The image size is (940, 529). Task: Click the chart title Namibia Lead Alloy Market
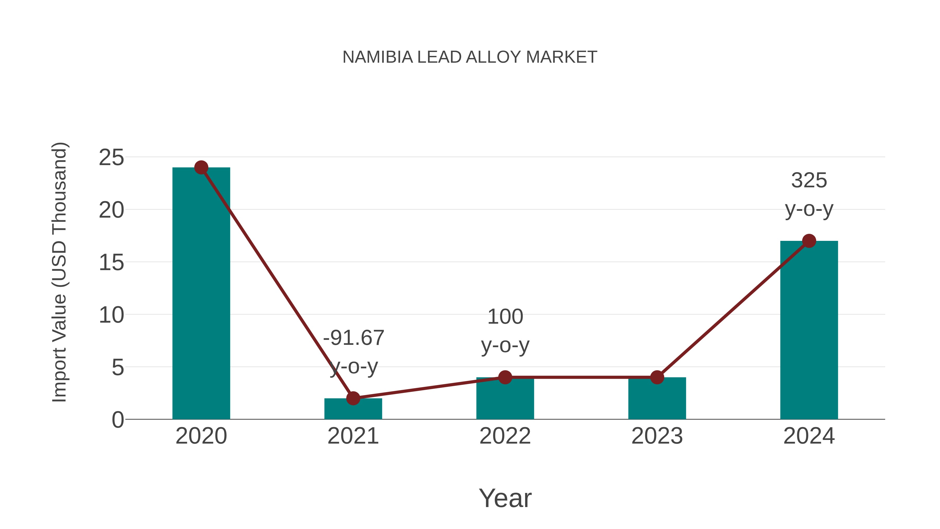pyautogui.click(x=470, y=57)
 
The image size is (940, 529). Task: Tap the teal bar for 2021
pyautogui.click(x=353, y=410)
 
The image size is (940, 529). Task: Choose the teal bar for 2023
pyautogui.click(x=657, y=400)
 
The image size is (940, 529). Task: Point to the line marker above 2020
pyautogui.click(x=201, y=167)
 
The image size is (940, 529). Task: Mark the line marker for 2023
pyautogui.click(x=657, y=377)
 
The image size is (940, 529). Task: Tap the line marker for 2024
pyautogui.click(x=809, y=241)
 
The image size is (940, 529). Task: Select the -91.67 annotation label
pyautogui.click(x=354, y=338)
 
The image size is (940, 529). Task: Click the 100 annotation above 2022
pyautogui.click(x=505, y=317)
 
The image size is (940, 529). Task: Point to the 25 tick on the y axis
pyautogui.click(x=111, y=158)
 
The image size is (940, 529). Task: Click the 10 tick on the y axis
pyautogui.click(x=111, y=315)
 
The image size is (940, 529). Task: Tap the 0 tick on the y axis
pyautogui.click(x=118, y=420)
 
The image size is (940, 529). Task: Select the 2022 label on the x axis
pyautogui.click(x=505, y=436)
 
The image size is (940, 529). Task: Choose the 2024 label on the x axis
pyautogui.click(x=809, y=436)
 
